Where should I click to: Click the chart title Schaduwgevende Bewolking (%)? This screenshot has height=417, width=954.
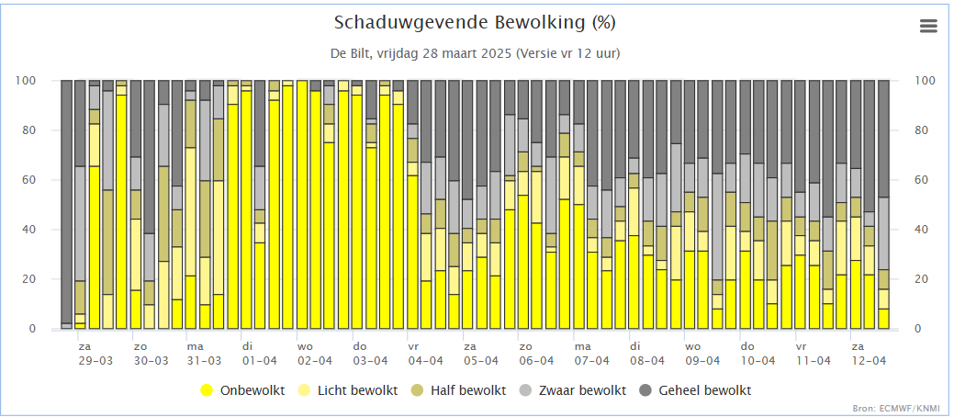pos(475,22)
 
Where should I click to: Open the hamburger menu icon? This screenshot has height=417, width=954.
pos(928,27)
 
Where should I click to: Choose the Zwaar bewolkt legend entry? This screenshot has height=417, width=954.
pos(576,390)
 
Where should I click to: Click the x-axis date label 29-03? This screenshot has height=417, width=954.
pos(95,362)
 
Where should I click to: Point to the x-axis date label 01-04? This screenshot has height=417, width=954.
pos(260,362)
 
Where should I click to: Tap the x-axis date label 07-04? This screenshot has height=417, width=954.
pos(590,362)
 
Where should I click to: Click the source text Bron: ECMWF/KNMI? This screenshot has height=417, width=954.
pos(908,407)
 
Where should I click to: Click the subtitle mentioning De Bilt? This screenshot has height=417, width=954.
pos(475,53)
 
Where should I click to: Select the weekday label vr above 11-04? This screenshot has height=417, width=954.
pos(801,347)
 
